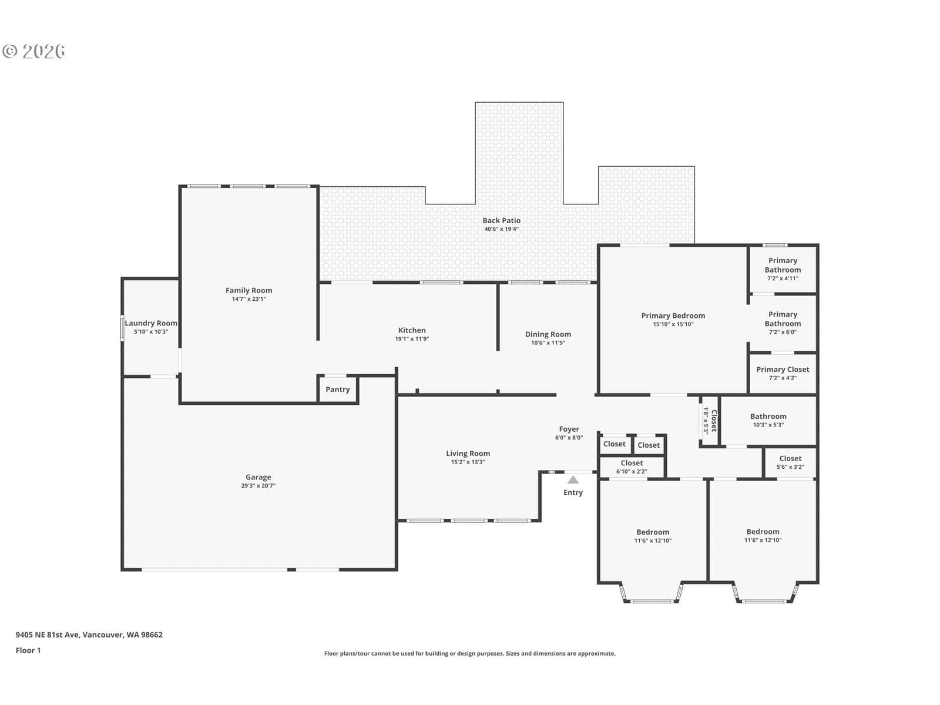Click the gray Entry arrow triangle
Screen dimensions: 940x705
573,479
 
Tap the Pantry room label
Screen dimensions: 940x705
337,389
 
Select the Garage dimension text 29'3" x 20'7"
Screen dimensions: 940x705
258,485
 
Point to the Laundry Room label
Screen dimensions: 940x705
151,323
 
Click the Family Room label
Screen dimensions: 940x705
249,290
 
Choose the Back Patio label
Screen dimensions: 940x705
502,220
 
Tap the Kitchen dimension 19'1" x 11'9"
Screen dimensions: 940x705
412,338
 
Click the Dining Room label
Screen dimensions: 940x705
548,334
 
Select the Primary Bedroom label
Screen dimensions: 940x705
673,315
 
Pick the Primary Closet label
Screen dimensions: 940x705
783,370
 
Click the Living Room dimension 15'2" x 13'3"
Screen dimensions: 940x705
468,462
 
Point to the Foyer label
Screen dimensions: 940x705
569,429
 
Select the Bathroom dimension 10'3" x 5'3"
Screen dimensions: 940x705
768,425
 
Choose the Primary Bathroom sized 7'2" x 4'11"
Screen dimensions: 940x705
783,269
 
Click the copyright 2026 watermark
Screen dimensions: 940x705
33,51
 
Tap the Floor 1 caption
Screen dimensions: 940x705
28,650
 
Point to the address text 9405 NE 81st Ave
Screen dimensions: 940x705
48,634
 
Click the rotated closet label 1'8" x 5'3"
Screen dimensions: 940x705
709,421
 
